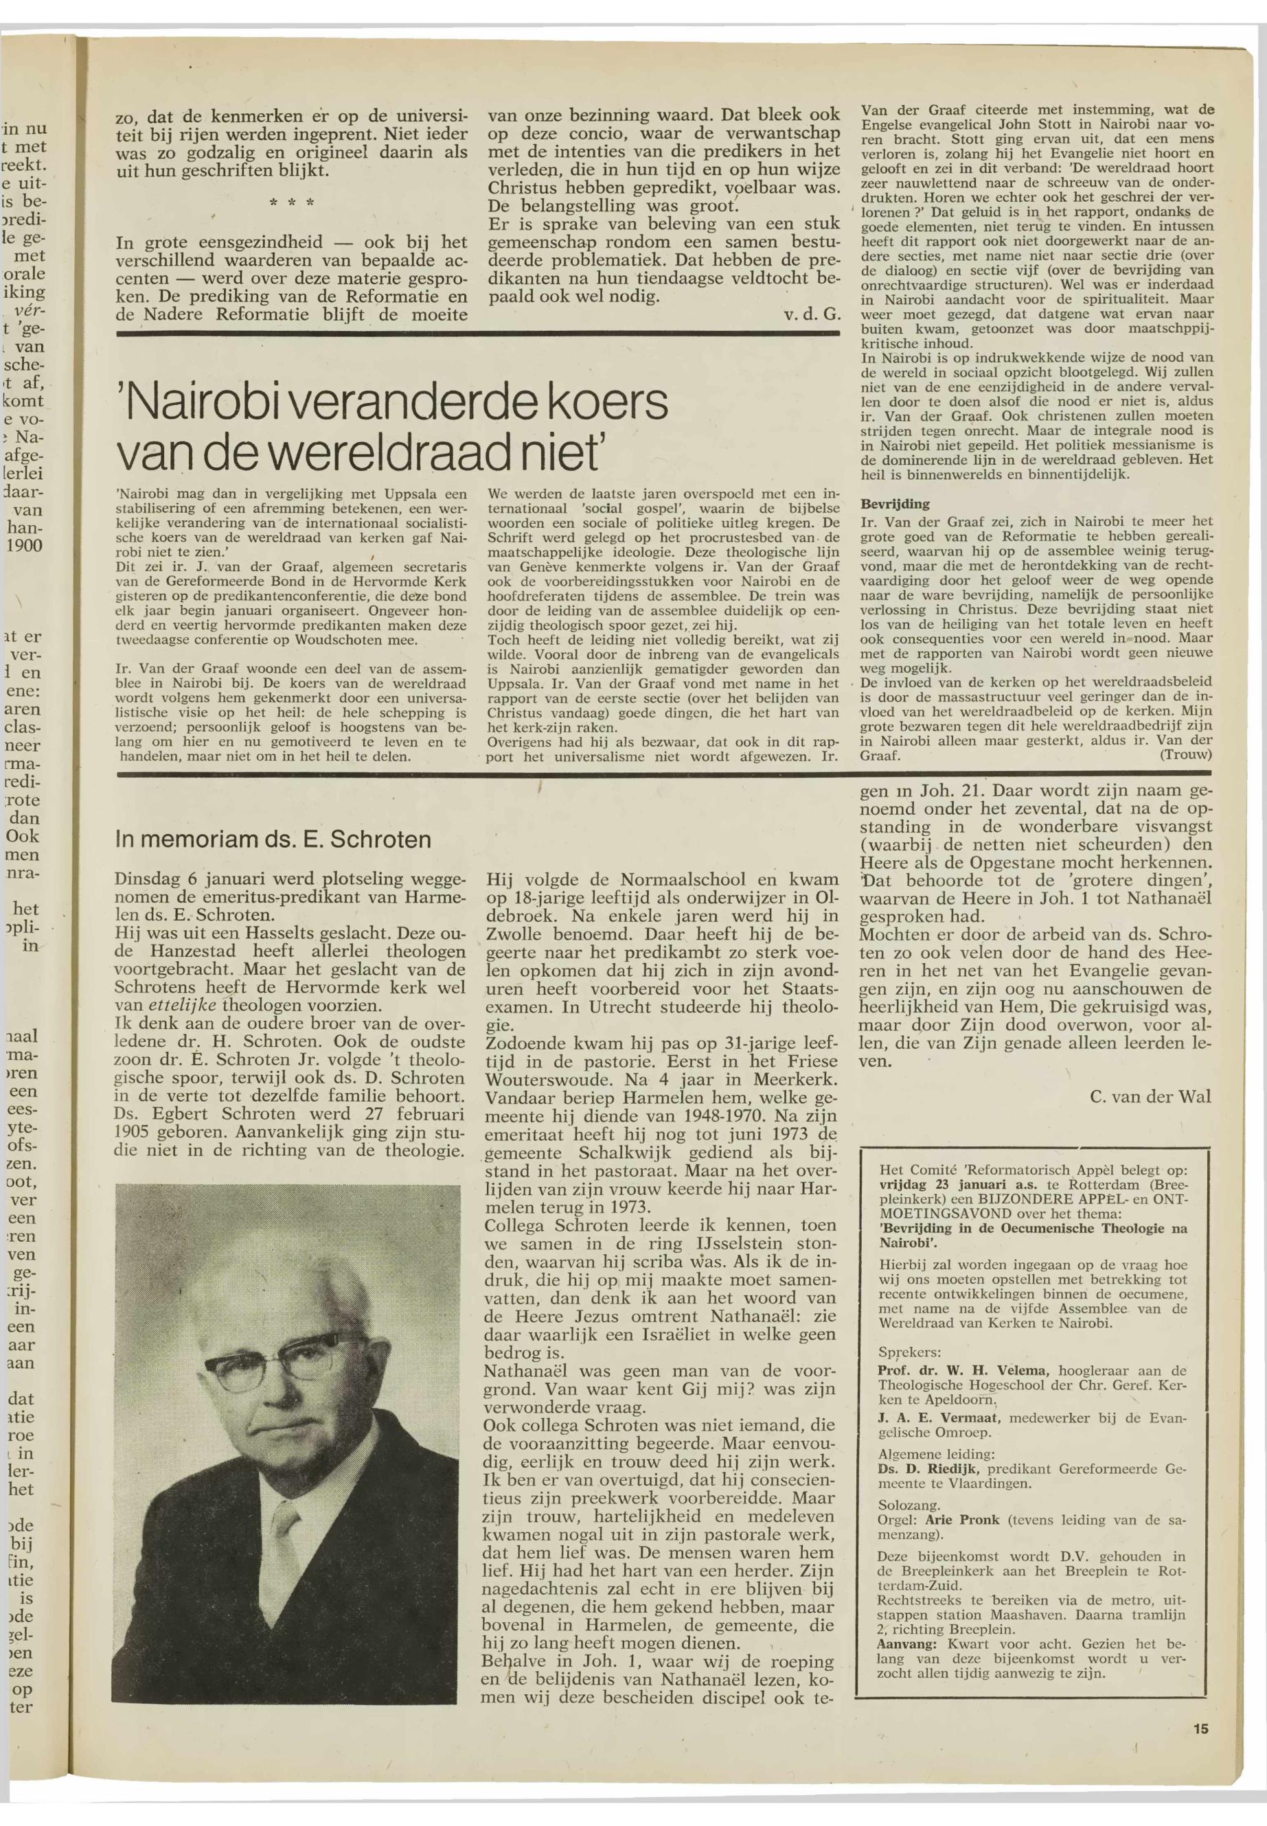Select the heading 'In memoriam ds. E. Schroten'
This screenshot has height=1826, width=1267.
(273, 839)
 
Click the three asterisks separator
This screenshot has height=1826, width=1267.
(291, 203)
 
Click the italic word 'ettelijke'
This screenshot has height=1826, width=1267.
(183, 1005)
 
